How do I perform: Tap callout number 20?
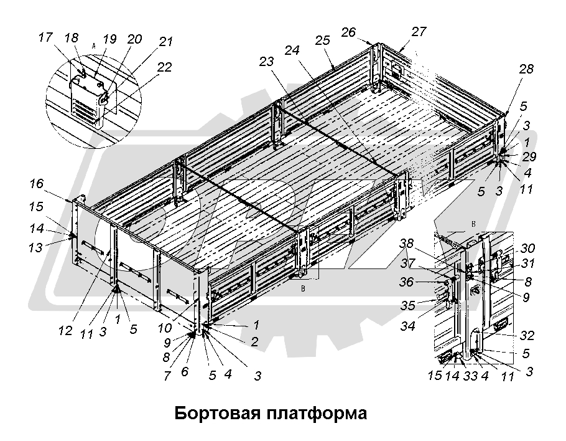pyautogui.click(x=134, y=39)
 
